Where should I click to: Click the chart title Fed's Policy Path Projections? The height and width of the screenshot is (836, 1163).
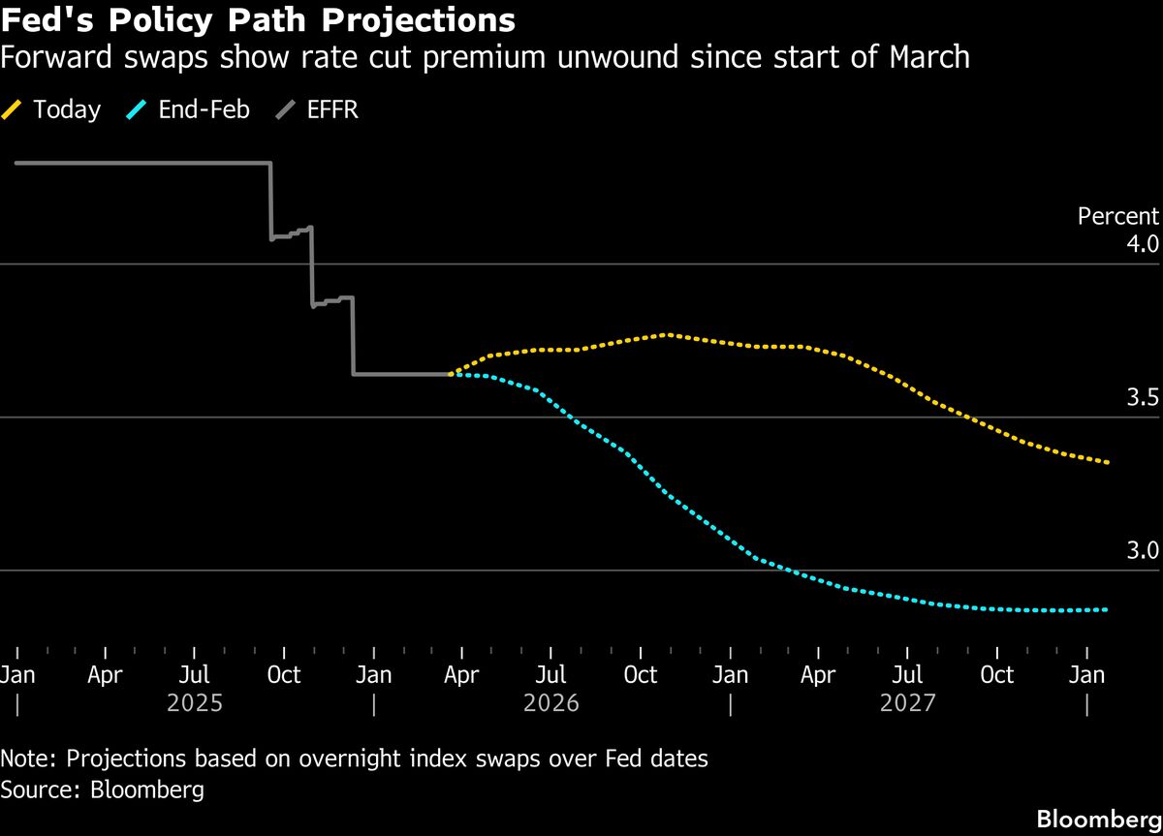[258, 19]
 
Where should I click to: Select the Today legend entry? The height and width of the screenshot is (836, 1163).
[66, 109]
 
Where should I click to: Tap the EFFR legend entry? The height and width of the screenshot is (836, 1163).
[331, 109]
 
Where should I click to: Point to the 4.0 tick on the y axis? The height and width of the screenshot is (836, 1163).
[1143, 243]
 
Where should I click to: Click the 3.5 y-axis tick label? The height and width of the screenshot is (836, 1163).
[1143, 396]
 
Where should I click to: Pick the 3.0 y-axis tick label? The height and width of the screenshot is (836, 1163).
[1143, 550]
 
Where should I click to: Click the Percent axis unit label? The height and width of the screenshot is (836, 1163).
[1117, 217]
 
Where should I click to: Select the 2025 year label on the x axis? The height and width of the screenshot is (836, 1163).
[195, 702]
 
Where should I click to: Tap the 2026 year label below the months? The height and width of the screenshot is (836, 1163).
[551, 702]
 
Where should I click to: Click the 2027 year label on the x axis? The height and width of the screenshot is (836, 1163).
[908, 702]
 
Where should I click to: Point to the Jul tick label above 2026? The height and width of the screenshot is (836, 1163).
[551, 675]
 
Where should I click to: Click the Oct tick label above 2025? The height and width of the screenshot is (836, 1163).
[284, 675]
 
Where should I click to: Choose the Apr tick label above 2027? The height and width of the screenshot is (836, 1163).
[819, 675]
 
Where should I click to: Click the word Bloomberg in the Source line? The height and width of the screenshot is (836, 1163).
[146, 790]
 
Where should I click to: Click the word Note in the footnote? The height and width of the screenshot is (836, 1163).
[26, 759]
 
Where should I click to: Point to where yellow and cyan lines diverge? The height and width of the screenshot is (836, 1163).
[451, 373]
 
